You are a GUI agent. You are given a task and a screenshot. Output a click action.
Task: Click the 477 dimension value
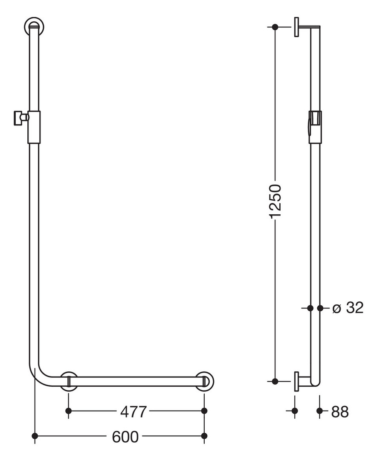click(x=133, y=412)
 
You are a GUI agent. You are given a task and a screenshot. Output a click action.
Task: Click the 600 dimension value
click(x=125, y=437)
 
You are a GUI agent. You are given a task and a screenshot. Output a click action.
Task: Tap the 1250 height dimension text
click(x=275, y=201)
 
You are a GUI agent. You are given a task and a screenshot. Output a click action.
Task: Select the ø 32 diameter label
click(x=348, y=308)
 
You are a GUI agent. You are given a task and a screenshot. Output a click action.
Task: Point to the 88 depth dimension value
click(x=340, y=412)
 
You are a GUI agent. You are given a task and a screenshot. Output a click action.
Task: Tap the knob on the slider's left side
click(x=20, y=118)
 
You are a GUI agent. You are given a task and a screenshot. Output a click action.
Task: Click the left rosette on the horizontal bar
click(x=69, y=382)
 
